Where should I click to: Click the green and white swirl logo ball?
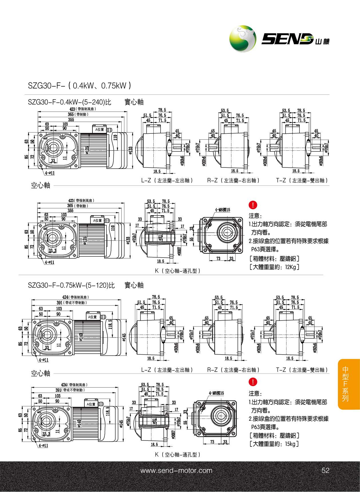243,38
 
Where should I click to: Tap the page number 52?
325,471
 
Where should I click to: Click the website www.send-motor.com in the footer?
176,471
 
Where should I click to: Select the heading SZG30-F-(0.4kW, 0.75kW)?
80,85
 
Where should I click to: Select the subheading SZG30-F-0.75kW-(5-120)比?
71,285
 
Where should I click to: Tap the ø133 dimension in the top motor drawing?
130,150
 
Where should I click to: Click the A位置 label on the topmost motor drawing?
100,129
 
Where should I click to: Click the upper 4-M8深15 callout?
223,210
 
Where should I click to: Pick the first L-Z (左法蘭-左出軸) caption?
167,181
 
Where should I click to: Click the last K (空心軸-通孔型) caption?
177,455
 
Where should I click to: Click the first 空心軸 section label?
40,185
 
